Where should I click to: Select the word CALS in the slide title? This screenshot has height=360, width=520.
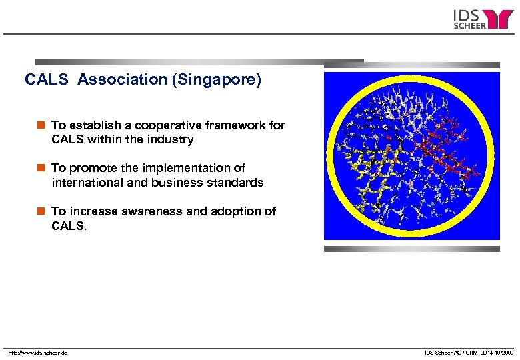point(47,80)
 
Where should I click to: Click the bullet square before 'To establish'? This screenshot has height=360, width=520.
point(41,125)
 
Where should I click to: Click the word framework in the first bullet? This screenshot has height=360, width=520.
point(239,125)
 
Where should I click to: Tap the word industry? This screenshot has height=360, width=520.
point(171,139)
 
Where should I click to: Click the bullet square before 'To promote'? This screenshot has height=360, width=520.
point(41,168)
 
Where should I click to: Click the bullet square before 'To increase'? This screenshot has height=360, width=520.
point(41,211)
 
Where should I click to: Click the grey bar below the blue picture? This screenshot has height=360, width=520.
point(412,249)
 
